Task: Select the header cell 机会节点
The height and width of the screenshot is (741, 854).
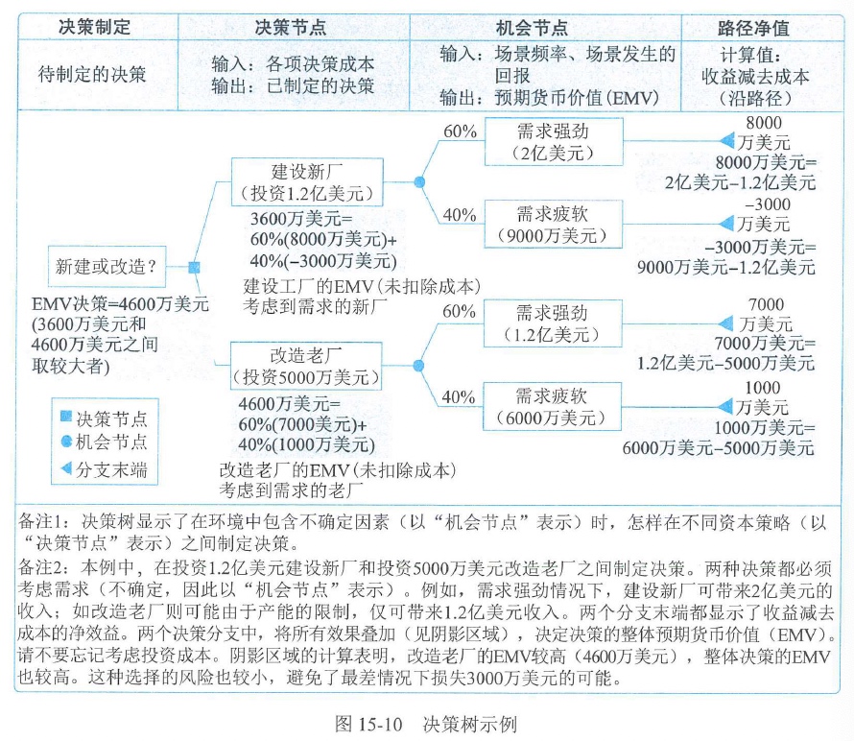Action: click(546, 26)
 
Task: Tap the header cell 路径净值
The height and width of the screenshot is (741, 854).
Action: click(764, 26)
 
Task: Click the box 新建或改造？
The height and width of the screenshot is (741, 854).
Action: click(107, 266)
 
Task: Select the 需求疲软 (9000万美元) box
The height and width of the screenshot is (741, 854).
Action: click(553, 225)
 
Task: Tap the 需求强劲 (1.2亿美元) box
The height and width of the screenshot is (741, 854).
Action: click(553, 323)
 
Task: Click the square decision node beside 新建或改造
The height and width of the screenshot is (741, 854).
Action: click(194, 267)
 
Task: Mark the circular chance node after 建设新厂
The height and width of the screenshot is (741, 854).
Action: click(418, 181)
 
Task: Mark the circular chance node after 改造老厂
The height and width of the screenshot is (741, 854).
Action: click(418, 364)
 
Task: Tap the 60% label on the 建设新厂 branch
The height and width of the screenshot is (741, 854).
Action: click(461, 131)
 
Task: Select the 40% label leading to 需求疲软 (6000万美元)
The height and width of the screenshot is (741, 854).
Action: click(461, 396)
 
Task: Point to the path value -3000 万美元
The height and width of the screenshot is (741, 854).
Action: click(766, 214)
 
